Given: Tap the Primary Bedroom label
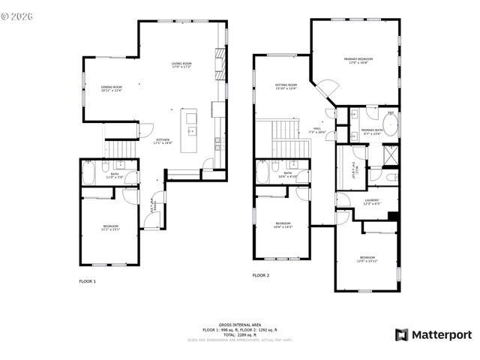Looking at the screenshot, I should (x=358, y=60).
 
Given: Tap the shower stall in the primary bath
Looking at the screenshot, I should (x=390, y=154).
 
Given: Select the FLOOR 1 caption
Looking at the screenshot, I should (x=88, y=281).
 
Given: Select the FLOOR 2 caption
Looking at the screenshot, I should (x=260, y=276).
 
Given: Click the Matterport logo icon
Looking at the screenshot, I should (x=401, y=334).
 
